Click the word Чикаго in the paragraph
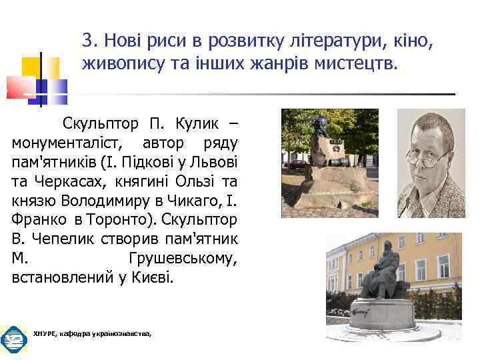[199, 200]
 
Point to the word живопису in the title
[117, 64]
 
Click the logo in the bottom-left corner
[13, 340]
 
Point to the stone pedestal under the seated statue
[387, 313]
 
